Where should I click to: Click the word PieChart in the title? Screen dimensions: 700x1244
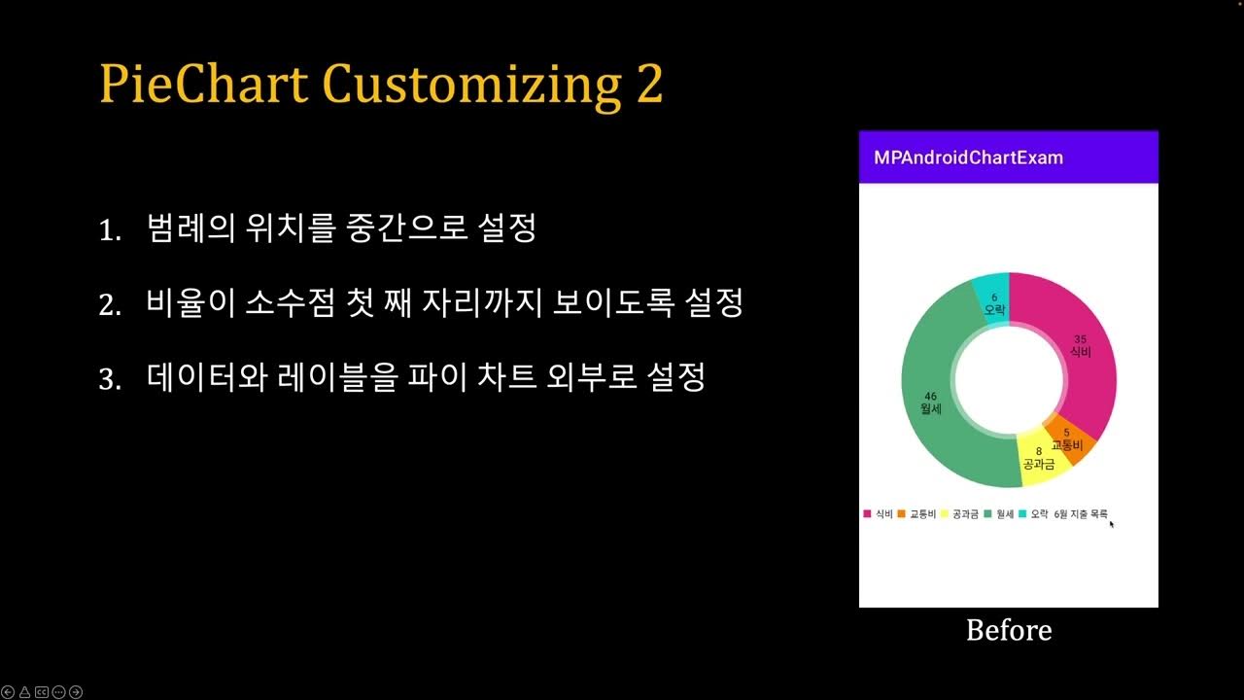(203, 84)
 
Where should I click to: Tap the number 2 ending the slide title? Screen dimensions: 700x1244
(649, 84)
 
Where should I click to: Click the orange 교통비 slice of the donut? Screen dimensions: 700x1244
(1070, 440)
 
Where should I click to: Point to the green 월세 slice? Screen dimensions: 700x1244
(933, 408)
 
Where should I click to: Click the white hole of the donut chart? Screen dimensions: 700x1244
(1009, 380)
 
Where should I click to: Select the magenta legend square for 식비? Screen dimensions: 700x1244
(867, 513)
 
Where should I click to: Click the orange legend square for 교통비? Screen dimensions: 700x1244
(902, 513)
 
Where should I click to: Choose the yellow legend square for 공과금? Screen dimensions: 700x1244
(945, 513)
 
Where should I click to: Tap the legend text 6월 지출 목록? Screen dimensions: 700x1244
(1081, 513)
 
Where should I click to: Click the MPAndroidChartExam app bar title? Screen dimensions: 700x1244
(968, 157)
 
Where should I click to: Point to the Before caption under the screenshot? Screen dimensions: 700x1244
(1009, 630)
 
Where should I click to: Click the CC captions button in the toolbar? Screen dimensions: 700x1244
(42, 692)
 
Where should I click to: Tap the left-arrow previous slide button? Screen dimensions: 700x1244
(9, 692)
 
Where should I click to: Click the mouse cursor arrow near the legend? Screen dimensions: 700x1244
(1112, 524)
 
